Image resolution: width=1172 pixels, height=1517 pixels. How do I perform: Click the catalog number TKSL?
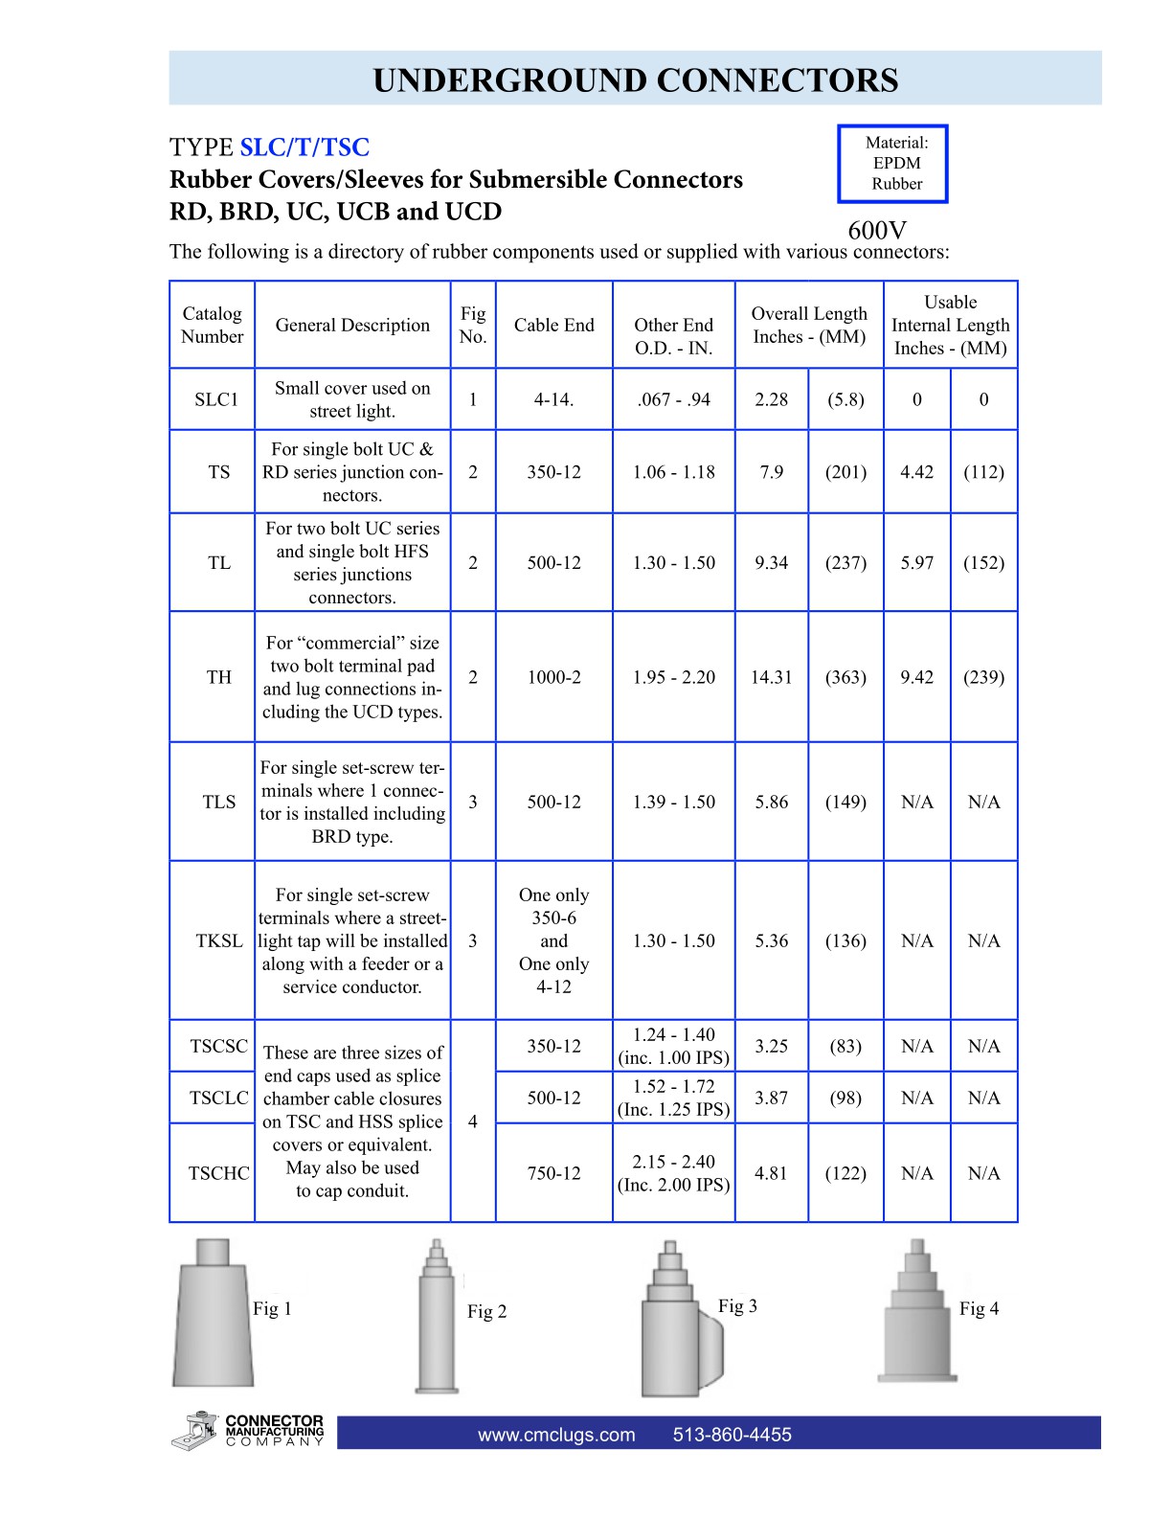pos(219,940)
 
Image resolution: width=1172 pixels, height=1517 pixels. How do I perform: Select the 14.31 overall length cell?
pos(771,677)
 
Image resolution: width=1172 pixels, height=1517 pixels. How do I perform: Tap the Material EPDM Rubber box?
pos(892,164)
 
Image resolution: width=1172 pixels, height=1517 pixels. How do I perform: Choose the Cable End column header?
pos(553,325)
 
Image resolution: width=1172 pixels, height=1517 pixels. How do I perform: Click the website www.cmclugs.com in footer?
pos(556,1435)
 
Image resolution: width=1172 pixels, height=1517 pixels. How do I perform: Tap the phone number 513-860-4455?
pos(732,1435)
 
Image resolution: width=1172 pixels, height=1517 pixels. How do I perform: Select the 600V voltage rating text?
pos(876,231)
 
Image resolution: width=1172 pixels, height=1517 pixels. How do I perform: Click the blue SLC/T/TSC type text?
pos(304,147)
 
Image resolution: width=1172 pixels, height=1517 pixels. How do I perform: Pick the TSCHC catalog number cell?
pos(218,1173)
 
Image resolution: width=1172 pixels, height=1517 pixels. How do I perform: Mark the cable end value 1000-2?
pos(553,677)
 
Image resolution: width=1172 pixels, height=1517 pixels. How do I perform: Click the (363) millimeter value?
pos(845,677)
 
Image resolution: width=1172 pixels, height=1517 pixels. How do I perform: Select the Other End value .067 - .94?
pos(673,399)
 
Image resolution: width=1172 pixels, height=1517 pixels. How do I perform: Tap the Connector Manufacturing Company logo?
pos(248,1431)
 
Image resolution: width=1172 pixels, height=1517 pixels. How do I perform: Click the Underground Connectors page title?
pos(635,80)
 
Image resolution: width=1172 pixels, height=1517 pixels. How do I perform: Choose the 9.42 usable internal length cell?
pos(916,677)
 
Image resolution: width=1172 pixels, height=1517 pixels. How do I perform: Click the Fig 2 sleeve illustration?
pos(437,1320)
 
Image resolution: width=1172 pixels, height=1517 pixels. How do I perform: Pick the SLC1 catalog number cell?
pos(216,399)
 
